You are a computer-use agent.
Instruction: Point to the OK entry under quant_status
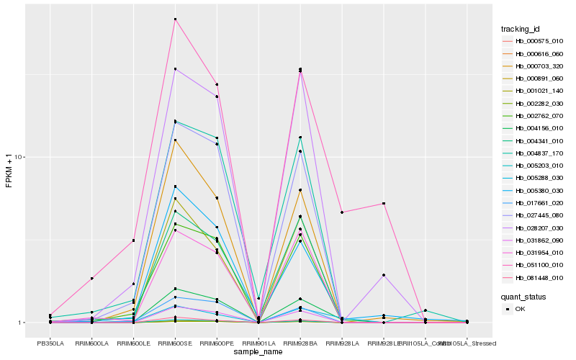[519, 309]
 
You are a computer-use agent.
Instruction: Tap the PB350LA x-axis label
[50, 343]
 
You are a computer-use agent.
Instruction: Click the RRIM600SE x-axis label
[175, 343]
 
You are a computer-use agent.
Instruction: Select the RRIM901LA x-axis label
[258, 343]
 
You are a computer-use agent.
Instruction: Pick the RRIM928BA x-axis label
[300, 343]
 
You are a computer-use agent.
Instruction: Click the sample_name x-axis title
[258, 352]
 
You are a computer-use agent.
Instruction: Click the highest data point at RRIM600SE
[175, 19]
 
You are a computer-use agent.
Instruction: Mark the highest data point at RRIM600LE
[133, 240]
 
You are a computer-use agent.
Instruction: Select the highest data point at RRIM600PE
[217, 84]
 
